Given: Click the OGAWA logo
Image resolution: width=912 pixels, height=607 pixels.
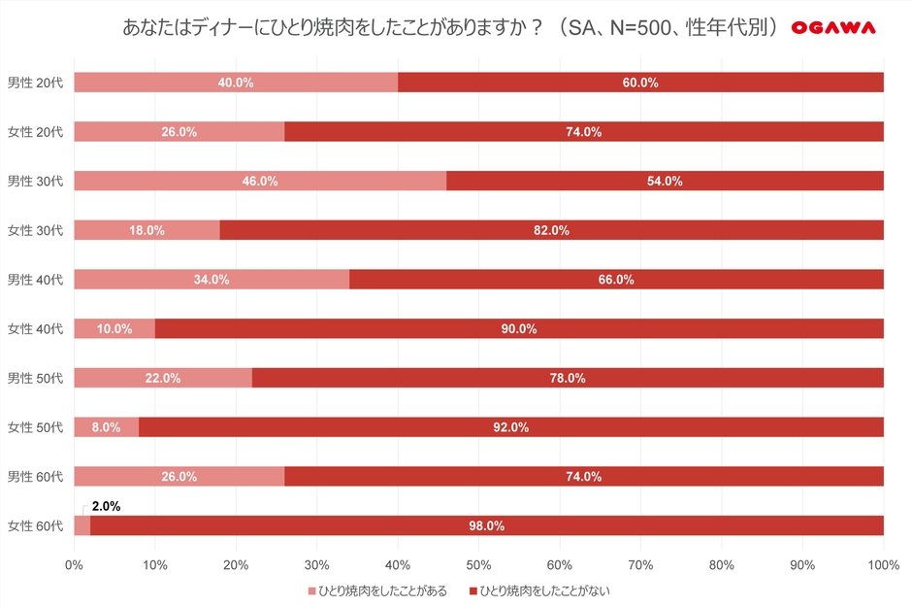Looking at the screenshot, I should [832, 28].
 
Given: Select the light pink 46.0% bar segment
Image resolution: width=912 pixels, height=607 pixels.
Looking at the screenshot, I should [260, 181].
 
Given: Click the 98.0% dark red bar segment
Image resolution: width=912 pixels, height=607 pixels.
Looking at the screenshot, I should [486, 525].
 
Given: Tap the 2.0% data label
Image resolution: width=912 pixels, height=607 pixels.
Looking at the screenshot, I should [106, 506].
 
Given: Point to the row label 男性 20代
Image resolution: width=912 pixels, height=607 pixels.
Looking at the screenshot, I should [35, 83].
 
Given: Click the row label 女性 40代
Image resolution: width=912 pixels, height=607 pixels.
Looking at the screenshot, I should [35, 328].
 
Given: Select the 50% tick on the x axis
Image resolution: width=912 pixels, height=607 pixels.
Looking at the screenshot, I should [478, 564].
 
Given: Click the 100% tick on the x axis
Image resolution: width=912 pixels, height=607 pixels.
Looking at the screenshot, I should [883, 564].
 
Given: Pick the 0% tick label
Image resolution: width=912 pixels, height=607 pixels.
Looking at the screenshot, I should [75, 564].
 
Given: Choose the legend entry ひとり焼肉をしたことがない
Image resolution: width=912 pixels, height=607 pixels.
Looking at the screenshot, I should [543, 590].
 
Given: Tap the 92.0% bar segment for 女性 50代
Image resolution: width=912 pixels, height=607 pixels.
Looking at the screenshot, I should [510, 427].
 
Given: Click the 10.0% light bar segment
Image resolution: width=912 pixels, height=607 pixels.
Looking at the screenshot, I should [114, 328].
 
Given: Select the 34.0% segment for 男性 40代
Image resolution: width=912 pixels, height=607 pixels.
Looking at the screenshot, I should [212, 280].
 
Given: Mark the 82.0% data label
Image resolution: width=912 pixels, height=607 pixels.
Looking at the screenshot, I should [551, 230].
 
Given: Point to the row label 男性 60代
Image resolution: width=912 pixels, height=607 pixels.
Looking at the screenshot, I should [35, 476].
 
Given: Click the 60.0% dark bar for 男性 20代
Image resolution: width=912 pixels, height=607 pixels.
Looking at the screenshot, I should [640, 83].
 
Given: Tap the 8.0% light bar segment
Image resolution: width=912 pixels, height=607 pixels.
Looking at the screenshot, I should [107, 427].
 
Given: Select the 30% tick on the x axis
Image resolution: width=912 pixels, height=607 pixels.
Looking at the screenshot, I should [317, 564].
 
